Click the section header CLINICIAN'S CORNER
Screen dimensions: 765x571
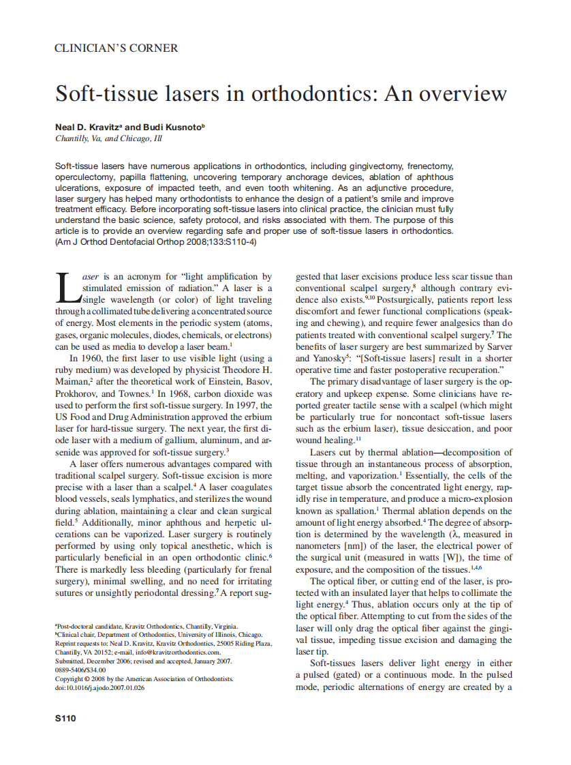coord(116,48)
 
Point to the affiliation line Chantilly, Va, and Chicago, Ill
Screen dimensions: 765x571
coord(108,139)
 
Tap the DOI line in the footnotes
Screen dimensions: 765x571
coord(99,688)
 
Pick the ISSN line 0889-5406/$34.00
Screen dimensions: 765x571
coord(80,670)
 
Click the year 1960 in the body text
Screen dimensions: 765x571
coord(96,358)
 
